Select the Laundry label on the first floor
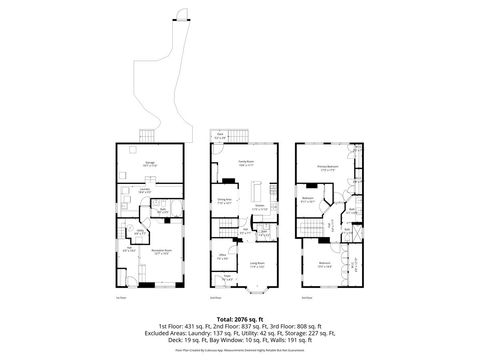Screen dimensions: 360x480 pos(145,188)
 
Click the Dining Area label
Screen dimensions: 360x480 pos(224,201)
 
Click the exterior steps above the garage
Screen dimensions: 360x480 pos(147,136)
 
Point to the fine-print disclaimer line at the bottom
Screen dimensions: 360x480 pos(240,351)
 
